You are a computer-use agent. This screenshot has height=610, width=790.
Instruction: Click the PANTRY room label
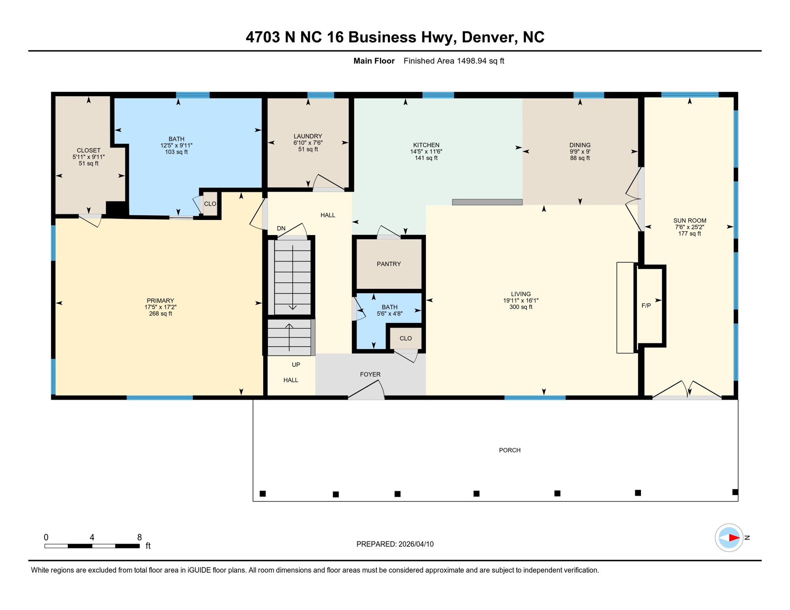(389, 264)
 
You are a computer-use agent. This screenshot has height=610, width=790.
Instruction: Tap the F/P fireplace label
(646, 306)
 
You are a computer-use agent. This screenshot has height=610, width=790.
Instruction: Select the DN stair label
(281, 228)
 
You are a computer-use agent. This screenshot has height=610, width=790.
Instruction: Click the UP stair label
(296, 365)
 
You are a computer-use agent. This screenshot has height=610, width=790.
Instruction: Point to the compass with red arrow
(729, 538)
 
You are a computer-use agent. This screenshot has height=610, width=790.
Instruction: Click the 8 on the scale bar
(139, 537)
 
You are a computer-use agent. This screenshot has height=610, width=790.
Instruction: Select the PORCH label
(509, 450)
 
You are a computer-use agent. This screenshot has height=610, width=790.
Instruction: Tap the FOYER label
(370, 374)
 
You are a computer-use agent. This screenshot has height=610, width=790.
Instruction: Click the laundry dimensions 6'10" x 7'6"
(308, 143)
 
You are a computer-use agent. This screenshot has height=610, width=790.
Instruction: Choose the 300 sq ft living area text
(521, 307)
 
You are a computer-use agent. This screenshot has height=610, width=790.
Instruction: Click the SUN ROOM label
(689, 220)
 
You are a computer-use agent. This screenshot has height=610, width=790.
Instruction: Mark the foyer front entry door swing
(368, 391)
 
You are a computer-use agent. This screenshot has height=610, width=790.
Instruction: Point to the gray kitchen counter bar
(487, 202)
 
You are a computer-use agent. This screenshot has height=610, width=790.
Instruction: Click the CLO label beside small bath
(405, 338)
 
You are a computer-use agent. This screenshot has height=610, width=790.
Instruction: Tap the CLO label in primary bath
(210, 204)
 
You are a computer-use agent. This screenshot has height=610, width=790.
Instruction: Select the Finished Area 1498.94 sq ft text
(453, 61)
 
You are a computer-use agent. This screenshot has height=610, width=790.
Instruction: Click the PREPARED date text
(395, 544)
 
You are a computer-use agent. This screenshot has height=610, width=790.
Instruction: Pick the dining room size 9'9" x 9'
(579, 152)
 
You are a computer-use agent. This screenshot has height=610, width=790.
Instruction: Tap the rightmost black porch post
(735, 492)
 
